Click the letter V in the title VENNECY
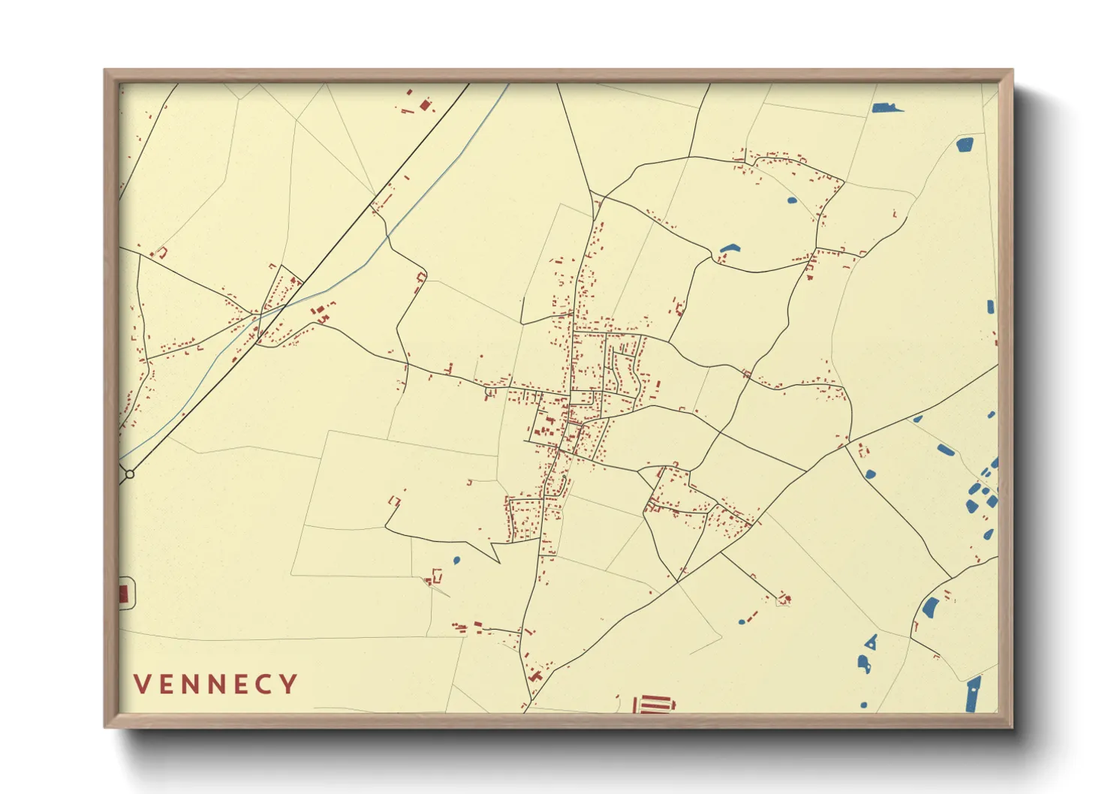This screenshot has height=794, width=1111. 142,684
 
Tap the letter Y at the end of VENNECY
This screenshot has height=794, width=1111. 288,684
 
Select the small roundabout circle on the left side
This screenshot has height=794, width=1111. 130,474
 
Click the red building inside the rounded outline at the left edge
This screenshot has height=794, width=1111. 124,594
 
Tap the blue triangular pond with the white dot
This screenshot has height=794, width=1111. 871,642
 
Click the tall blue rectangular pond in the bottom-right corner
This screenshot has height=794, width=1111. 972,694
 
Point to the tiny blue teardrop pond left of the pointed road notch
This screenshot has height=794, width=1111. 456,560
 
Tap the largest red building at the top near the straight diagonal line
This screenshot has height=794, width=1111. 425,105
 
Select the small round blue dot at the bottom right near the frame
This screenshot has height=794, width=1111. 864,705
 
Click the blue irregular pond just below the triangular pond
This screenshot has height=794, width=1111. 864,664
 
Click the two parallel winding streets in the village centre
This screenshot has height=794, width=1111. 625,368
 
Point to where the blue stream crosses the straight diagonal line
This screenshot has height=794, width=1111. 259,318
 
